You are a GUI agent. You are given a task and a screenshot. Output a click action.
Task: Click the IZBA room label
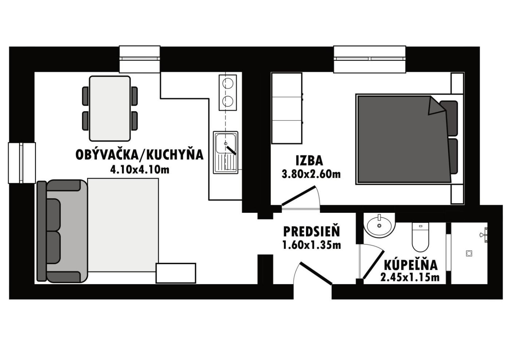tap(309, 161)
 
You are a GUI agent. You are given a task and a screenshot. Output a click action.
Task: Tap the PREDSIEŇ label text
tap(311, 232)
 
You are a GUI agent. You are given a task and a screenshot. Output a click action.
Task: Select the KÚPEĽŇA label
tap(411, 265)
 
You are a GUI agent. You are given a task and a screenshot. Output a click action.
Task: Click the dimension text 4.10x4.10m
tap(140, 170)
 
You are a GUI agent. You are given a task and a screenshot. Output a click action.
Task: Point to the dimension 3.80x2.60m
tap(311, 174)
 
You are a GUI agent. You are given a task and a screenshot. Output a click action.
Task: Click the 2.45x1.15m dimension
tap(410, 277)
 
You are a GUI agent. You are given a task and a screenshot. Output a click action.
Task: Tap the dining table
tap(110, 109)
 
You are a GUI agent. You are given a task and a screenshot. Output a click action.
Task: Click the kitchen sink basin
tap(225, 144)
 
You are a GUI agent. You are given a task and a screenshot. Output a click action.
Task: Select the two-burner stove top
tap(228, 93)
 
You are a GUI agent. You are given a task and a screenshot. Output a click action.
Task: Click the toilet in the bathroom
tap(420, 237)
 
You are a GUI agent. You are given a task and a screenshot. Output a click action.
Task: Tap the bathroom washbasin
tap(379, 225)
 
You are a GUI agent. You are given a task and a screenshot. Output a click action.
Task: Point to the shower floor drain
tap(469, 253)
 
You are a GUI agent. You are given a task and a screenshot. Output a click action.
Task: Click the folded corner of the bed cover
tap(436, 106)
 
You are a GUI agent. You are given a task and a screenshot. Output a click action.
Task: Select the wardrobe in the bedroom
tap(287, 108)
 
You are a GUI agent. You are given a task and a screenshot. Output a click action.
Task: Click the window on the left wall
tap(22, 163)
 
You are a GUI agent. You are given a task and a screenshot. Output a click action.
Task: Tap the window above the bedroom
tap(369, 59)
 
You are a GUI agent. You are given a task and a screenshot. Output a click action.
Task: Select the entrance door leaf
tap(316, 274)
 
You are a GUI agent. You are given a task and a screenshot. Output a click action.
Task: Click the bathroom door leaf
tap(374, 265)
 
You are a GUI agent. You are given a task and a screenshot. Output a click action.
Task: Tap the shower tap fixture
tap(484, 235)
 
